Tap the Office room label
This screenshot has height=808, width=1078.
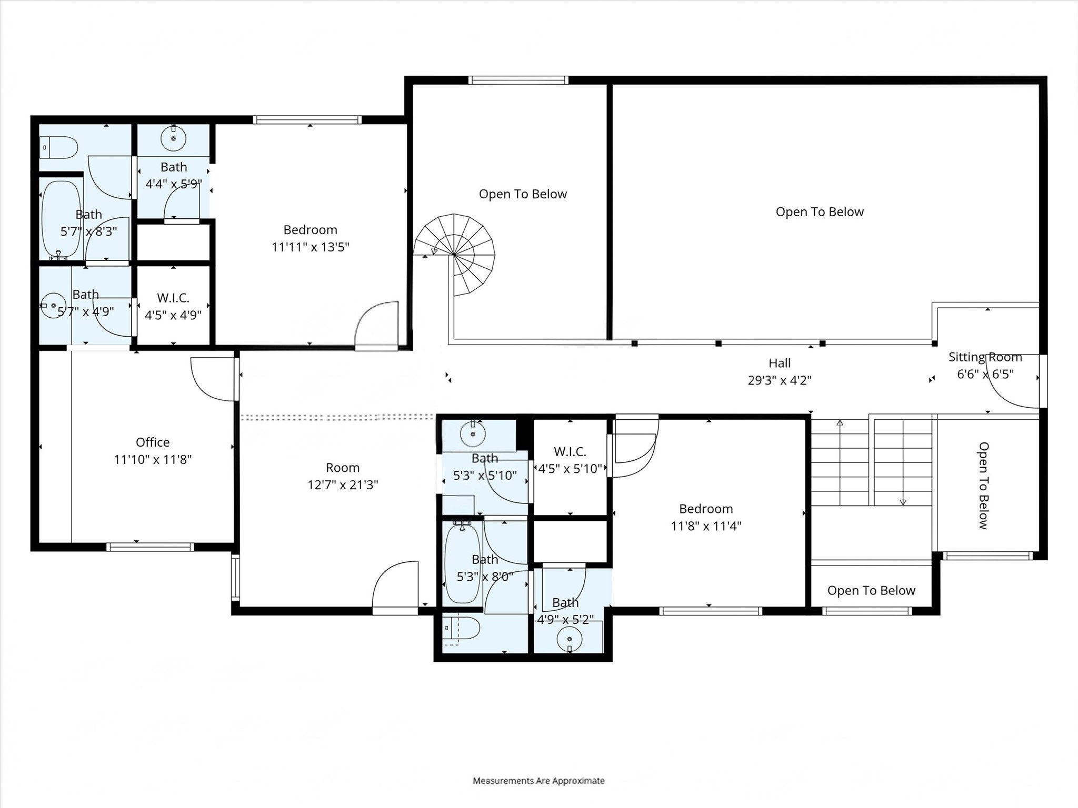pos(153,442)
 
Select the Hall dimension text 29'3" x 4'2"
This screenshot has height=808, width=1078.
pos(780,380)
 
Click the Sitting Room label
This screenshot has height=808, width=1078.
pos(985,357)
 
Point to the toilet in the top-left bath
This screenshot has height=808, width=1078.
pos(59,147)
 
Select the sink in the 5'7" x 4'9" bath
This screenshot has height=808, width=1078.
pos(53,305)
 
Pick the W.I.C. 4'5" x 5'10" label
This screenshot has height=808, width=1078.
pos(570,460)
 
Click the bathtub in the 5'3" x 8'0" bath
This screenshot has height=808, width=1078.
pos(463,563)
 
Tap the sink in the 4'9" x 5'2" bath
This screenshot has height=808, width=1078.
pos(570,640)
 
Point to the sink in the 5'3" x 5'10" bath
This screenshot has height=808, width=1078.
pos(473,433)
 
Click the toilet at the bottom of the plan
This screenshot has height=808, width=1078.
pos(461,629)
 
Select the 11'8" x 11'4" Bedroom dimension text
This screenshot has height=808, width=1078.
pos(706,526)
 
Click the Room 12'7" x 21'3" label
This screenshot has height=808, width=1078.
pos(343,476)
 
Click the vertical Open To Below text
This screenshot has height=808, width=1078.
pos(983,485)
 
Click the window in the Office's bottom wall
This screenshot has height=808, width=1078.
pos(150,547)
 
